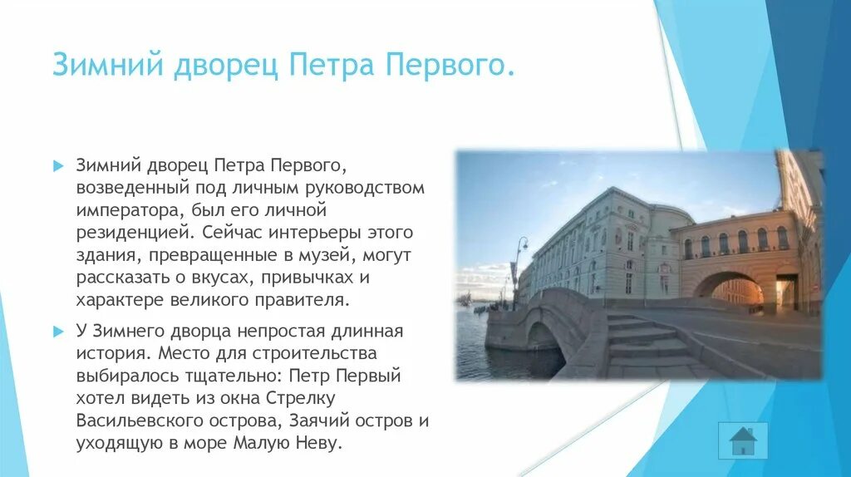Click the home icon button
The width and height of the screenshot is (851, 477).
742,440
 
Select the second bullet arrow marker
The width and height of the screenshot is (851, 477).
58,332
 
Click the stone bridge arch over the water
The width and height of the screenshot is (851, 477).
542,339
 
